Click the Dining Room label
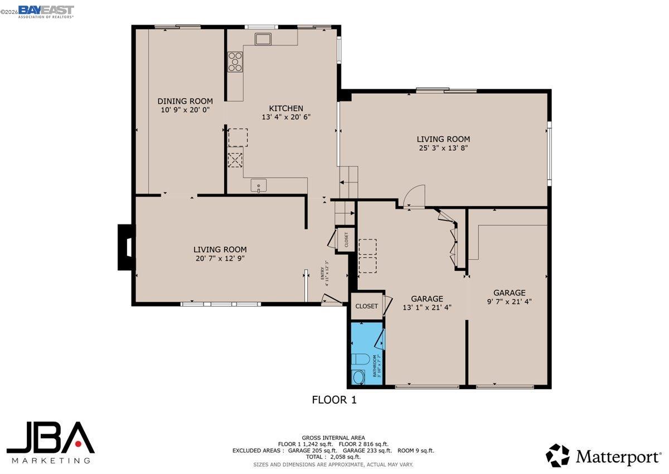185,101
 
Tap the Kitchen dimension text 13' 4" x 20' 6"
285,117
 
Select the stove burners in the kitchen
235,61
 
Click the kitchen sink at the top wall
263,39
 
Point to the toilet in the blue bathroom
360,360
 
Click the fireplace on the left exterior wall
126,247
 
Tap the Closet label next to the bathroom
366,306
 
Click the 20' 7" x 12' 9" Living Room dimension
220,258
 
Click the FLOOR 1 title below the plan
333,400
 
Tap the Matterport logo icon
557,455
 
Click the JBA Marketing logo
51,442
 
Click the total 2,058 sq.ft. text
333,457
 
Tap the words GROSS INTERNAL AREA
333,438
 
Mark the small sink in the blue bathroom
358,377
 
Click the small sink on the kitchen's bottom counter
259,185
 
